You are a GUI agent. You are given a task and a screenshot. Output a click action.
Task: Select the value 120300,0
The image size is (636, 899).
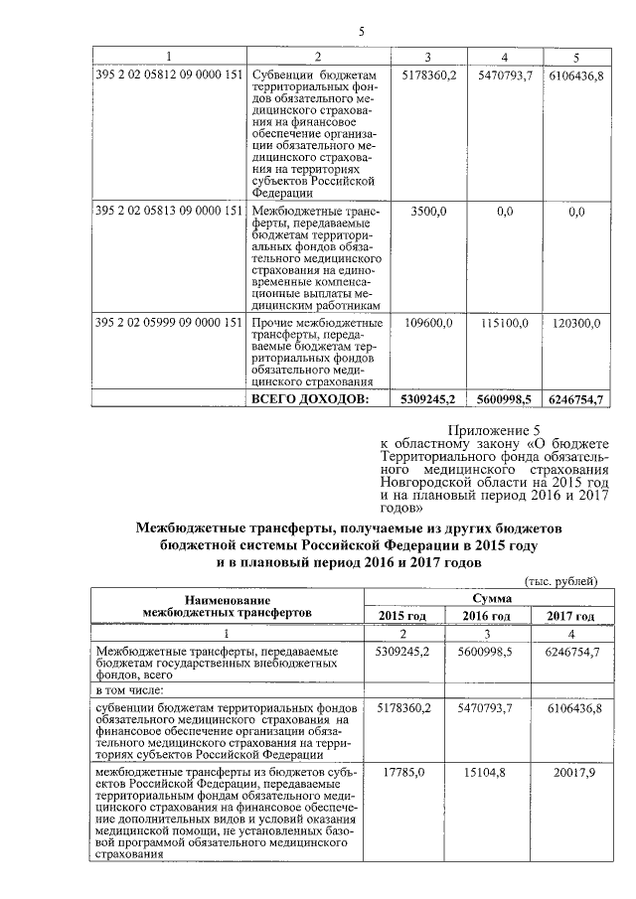tap(576, 323)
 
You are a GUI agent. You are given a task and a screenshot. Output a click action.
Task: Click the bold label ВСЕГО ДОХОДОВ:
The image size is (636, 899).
tap(309, 398)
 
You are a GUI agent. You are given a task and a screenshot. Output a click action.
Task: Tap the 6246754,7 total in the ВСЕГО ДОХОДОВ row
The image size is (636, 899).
tap(576, 398)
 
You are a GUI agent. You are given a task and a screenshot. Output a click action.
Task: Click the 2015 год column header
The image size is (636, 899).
tap(402, 616)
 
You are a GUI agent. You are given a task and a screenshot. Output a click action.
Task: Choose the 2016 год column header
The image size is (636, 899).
tap(486, 616)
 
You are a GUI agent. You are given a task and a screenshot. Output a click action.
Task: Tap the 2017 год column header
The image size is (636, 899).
tap(570, 616)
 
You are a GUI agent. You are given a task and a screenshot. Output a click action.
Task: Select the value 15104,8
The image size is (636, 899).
tap(488, 771)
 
